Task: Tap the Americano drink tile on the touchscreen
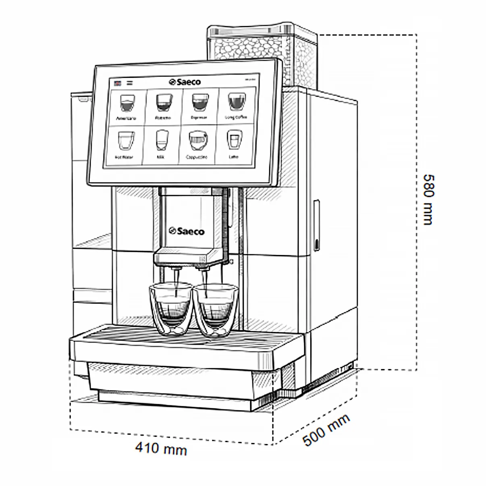(127, 106)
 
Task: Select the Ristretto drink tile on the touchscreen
(163, 106)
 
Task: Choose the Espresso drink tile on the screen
(200, 105)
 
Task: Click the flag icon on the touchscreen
(118, 83)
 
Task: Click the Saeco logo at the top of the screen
(185, 82)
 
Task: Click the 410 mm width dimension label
(161, 448)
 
